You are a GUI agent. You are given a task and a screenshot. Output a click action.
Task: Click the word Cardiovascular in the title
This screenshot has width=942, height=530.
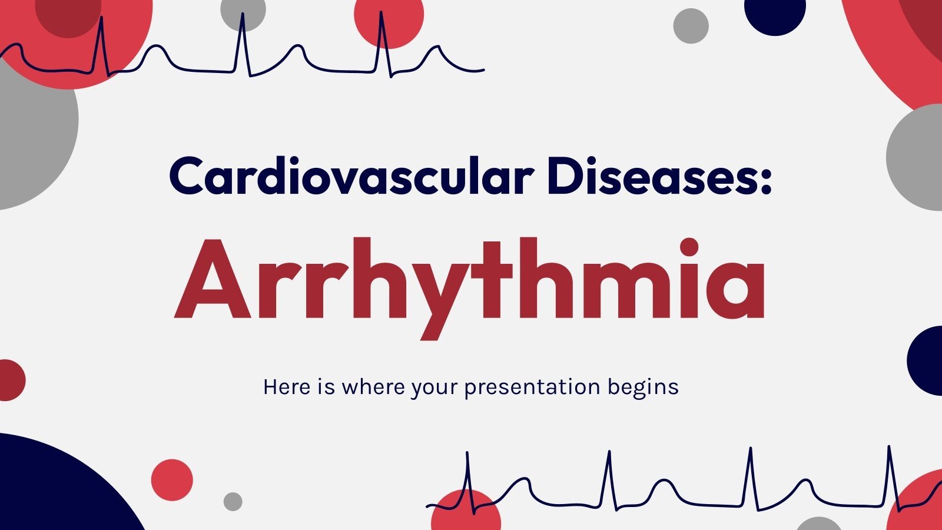(x=351, y=177)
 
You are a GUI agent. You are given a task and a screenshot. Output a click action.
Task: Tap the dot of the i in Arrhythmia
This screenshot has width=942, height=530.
(x=689, y=248)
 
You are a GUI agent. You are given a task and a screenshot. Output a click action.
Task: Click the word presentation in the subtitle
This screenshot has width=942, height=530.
(x=532, y=387)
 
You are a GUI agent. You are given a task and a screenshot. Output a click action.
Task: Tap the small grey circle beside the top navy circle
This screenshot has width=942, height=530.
(x=691, y=26)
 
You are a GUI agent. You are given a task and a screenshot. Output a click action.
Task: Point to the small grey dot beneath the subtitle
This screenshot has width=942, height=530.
(x=233, y=502)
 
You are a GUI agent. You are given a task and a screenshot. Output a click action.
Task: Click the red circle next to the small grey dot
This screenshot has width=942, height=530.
(x=172, y=480)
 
